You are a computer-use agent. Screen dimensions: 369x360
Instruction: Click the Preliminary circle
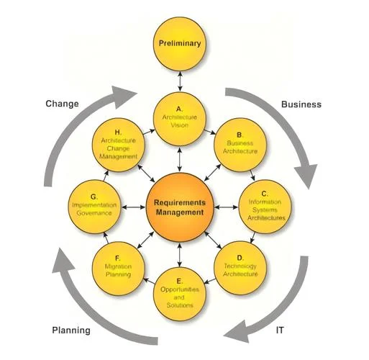(179, 44)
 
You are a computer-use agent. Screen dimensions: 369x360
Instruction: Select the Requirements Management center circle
(180, 207)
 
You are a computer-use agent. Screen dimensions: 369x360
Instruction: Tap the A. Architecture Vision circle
(179, 119)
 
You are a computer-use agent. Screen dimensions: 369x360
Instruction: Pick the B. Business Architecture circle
(240, 145)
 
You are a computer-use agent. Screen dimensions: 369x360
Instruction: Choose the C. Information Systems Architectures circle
(265, 207)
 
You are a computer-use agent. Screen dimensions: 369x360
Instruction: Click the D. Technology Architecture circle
(240, 268)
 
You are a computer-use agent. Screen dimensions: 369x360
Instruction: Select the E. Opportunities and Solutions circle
(179, 294)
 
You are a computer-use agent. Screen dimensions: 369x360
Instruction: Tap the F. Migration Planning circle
(119, 269)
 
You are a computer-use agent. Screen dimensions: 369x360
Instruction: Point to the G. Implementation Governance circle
(94, 207)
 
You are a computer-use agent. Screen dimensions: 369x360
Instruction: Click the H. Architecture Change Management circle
(119, 145)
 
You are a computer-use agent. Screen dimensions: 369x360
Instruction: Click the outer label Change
(62, 104)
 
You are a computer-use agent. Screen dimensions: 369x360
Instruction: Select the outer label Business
(301, 104)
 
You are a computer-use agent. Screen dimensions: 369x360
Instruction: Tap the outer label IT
(280, 330)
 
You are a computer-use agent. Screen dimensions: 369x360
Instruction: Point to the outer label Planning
(71, 330)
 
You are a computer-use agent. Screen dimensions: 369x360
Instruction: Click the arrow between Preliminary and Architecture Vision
(180, 81)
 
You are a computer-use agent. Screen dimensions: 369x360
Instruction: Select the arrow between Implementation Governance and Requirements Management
(134, 207)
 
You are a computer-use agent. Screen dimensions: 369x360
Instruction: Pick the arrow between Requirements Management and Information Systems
(227, 207)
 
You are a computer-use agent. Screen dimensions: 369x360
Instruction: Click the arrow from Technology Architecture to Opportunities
(209, 281)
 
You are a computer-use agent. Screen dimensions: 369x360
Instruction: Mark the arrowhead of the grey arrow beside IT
(236, 332)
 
